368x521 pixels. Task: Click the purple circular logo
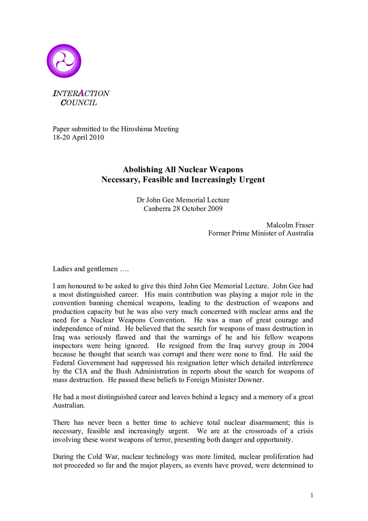[64, 61]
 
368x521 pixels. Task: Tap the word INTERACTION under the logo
[81, 94]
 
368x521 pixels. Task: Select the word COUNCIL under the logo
[79, 103]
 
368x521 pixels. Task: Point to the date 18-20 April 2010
[78, 137]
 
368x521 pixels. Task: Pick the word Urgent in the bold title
[252, 179]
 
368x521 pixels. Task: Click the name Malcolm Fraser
[290, 225]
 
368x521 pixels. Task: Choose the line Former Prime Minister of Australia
[261, 233]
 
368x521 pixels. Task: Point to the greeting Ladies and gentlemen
[85, 269]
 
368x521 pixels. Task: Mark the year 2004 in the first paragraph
[305, 346]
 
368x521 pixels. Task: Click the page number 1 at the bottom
[312, 495]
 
